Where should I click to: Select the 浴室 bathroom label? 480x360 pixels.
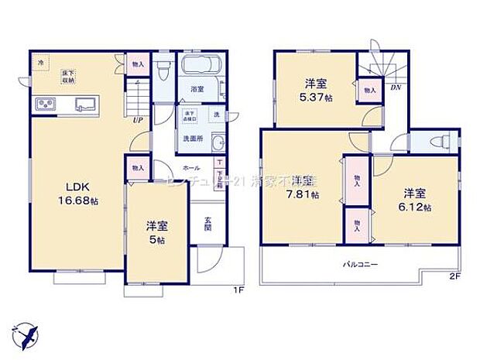point(197,89)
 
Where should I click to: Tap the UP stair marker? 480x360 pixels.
point(136,121)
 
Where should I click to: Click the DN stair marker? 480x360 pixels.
point(395,88)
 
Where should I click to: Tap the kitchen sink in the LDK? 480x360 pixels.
point(86,105)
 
